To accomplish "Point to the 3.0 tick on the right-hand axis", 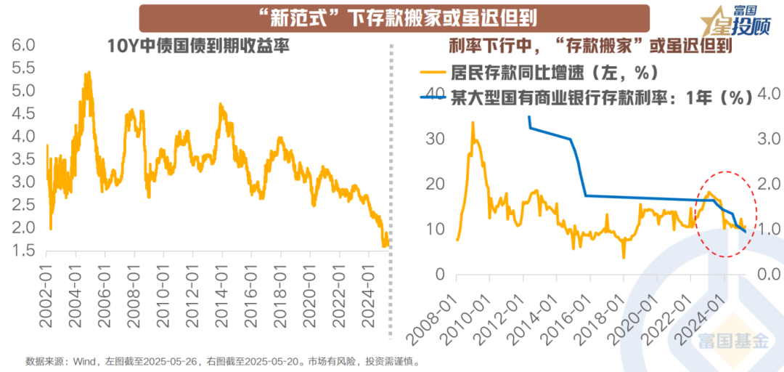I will pyautogui.click(x=769, y=138).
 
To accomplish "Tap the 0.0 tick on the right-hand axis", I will pyautogui.click(x=769, y=275).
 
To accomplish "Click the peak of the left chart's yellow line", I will pyautogui.click(x=88, y=72).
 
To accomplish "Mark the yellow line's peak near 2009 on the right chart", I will pyautogui.click(x=473, y=123).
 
